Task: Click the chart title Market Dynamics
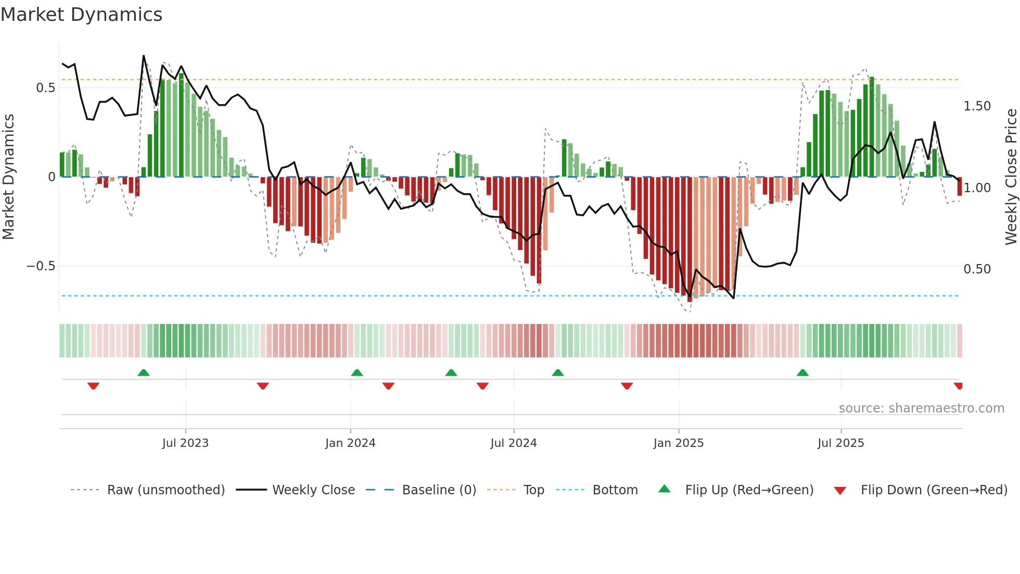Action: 81,15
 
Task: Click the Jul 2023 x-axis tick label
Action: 185,443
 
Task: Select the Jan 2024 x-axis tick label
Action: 350,443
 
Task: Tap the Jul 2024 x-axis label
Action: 514,443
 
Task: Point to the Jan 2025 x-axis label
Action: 679,443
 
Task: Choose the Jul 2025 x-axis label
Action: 841,443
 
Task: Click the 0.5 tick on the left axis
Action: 45,88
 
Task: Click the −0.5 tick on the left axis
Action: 41,266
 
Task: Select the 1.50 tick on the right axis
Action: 977,106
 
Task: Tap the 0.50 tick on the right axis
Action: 977,269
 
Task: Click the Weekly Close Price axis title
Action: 1011,177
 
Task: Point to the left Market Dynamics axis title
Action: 8,177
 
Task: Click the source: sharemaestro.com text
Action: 921,408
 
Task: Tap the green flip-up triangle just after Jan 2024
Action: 357,373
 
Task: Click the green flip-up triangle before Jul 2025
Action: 802,373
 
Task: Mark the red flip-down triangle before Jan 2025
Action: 627,386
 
